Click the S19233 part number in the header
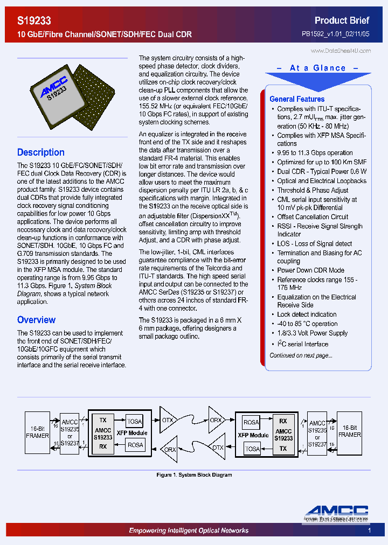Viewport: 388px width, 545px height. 34,21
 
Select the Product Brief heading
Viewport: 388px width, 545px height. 342,20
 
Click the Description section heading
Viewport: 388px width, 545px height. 41,152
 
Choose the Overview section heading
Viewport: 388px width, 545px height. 36,320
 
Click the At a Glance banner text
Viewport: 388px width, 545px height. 317,68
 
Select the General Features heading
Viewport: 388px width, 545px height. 297,99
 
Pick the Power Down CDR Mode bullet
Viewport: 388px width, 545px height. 310,270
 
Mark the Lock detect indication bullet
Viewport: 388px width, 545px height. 307,315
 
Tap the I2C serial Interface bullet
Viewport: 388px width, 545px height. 302,344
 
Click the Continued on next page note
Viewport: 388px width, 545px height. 301,355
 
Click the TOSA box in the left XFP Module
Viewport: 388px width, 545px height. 134,422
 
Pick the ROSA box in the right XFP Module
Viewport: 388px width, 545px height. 251,422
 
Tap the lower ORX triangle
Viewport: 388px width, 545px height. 170,449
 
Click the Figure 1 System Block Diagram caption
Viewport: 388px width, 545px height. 194,475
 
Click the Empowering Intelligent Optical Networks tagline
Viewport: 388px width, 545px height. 189,530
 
